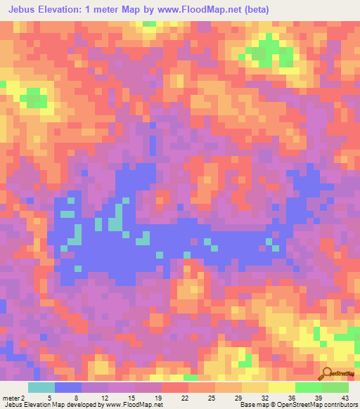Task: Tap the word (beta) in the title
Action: pos(258,9)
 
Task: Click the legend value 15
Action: pos(130,398)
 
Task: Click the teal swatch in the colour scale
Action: pos(41,387)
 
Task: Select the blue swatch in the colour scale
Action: pos(68,387)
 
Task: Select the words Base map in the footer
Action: pos(249,405)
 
